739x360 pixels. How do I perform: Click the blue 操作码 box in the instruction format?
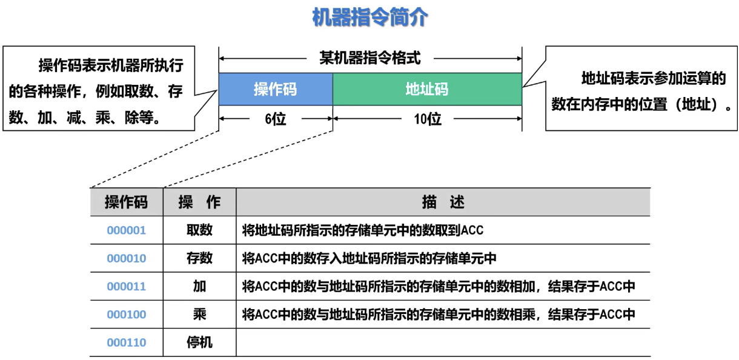coord(276,89)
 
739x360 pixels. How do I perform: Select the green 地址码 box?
coord(427,89)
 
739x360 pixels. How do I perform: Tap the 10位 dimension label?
coord(428,119)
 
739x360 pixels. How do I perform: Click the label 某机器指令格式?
coord(369,58)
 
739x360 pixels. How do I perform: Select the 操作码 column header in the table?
coord(126,202)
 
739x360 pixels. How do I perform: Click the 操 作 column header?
coord(199,202)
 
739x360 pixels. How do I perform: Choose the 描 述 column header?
coord(443,202)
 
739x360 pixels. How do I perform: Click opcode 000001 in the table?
coord(126,230)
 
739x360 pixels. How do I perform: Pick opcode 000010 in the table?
coord(126,258)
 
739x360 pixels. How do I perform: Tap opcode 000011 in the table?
coord(126,287)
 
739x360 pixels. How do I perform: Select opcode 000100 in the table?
coord(126,315)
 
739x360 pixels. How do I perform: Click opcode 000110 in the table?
coord(126,343)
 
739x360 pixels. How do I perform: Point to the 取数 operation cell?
coord(199,230)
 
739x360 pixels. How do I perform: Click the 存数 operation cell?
coord(199,258)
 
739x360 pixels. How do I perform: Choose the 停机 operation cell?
coord(199,343)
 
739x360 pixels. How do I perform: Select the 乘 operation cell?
coord(199,315)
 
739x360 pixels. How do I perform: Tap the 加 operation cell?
coord(199,287)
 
